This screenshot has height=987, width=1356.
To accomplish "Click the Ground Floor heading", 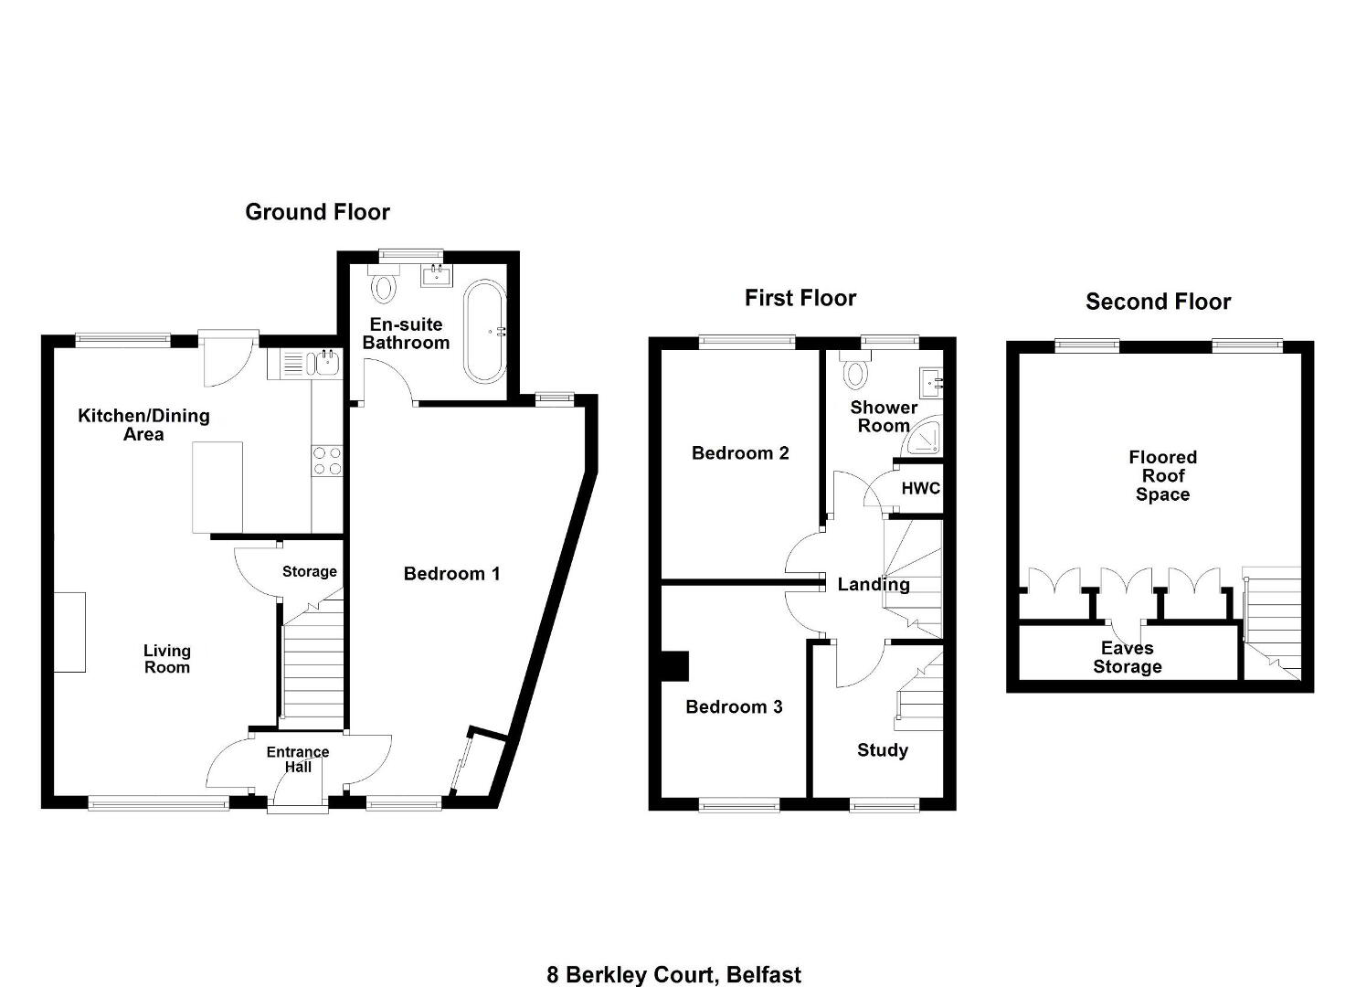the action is click(x=317, y=212).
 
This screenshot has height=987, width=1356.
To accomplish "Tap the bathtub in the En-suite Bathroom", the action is click(x=485, y=331).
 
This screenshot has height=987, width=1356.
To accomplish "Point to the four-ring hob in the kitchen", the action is click(x=327, y=461).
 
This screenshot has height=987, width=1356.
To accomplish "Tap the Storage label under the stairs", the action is click(x=310, y=571).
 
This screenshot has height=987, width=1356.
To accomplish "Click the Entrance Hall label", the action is click(x=298, y=759).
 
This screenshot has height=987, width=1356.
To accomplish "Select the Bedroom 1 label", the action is click(x=451, y=574).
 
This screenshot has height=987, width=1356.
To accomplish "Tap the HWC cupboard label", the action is click(x=921, y=489).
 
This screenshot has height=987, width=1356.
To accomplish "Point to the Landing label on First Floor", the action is click(x=874, y=584).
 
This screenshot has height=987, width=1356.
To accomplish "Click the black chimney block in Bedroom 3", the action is click(x=675, y=665).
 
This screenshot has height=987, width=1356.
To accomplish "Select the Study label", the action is click(x=883, y=751).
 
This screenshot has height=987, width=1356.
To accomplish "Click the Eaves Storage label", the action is click(x=1128, y=658).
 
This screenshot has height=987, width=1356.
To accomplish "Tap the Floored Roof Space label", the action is click(x=1162, y=476).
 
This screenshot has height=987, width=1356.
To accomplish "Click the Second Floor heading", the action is click(x=1158, y=302).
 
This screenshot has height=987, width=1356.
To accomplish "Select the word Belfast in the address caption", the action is click(x=764, y=975).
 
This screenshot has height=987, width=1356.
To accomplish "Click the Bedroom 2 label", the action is click(x=740, y=453).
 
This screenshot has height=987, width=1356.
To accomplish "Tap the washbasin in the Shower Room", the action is click(x=931, y=382).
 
